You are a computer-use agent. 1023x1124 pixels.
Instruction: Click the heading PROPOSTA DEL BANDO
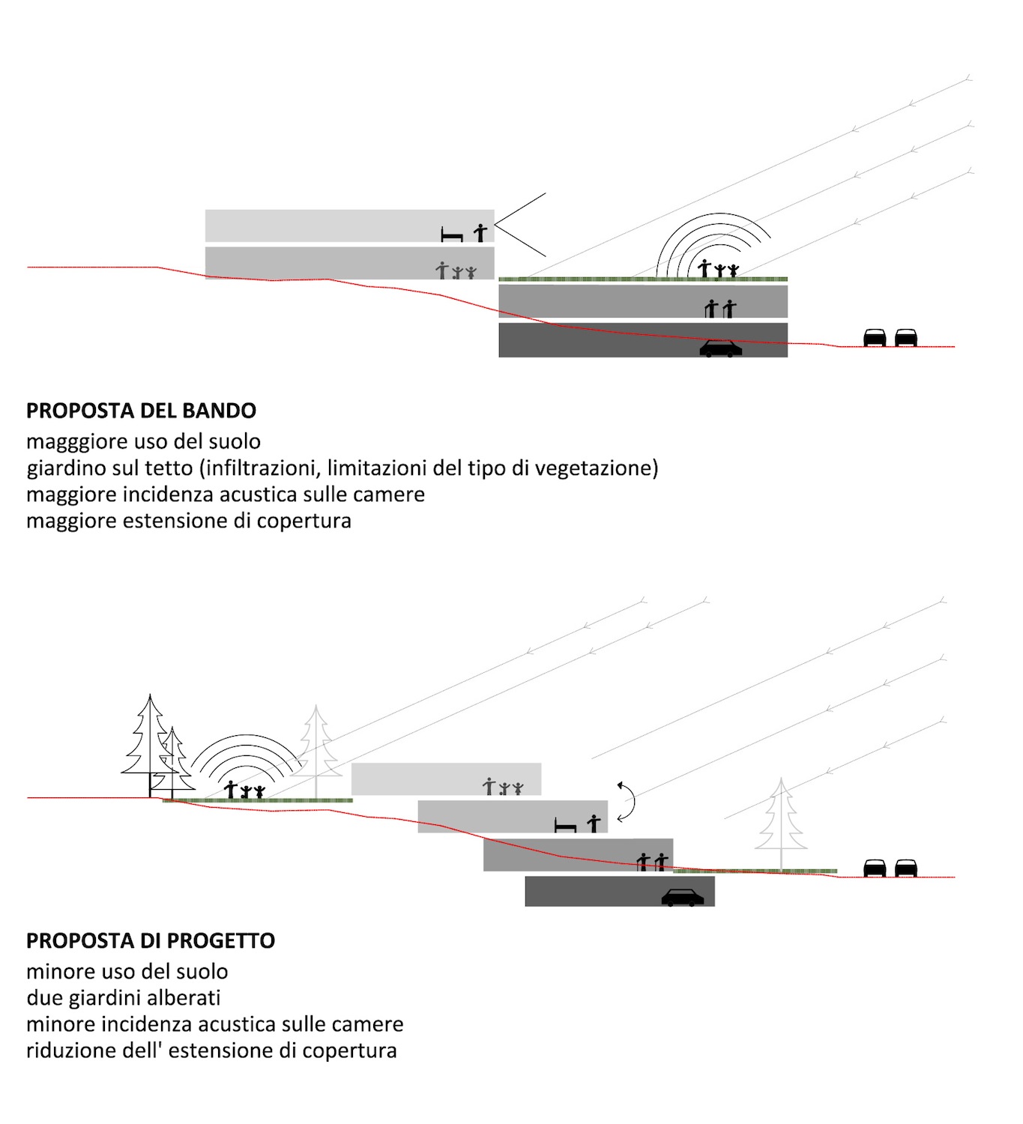click(x=141, y=411)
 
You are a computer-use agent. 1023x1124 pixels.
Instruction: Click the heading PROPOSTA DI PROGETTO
click(x=151, y=940)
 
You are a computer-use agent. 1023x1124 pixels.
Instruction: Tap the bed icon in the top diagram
click(x=452, y=234)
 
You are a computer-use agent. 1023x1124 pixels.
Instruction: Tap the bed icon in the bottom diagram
click(x=565, y=826)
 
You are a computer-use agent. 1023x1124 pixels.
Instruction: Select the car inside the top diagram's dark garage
click(x=720, y=348)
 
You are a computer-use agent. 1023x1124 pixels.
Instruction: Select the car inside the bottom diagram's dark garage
click(x=683, y=898)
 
